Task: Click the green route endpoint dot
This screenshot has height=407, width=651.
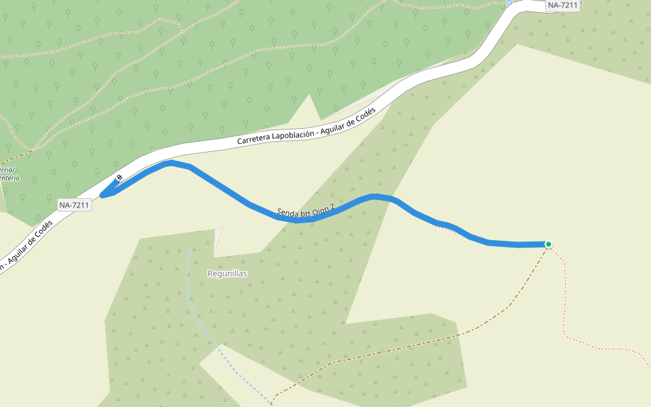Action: pos(548,244)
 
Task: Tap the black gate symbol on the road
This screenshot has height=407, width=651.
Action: pos(119,178)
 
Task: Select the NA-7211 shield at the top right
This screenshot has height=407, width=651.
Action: pos(563,5)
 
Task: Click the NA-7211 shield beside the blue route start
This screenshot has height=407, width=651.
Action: pos(74,204)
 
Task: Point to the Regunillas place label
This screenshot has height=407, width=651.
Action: pos(227,273)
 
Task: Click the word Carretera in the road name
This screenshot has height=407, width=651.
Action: pos(254,139)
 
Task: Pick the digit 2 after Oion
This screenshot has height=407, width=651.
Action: pos(332,206)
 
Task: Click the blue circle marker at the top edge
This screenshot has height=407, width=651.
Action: pos(509,3)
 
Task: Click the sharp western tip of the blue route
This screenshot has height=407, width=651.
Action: pos(102,196)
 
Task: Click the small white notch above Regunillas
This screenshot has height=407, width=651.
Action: pos(218,241)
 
